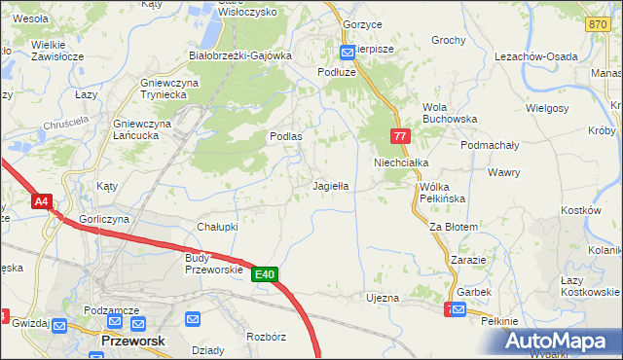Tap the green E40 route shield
point(266,275)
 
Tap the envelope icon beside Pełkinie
point(458,310)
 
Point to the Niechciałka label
point(401,163)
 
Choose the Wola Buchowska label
point(446,113)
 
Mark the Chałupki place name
point(218,226)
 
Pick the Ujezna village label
point(383,297)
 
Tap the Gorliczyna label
point(106,220)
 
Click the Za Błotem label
point(454,227)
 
